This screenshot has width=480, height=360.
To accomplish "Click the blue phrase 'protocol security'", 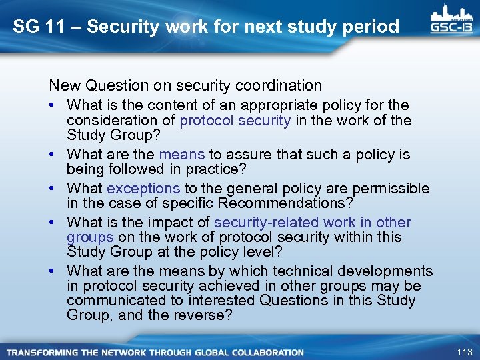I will [x=235, y=120].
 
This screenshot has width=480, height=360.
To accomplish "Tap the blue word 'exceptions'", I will [x=143, y=189].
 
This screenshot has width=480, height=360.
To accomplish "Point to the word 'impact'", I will [x=165, y=223].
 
